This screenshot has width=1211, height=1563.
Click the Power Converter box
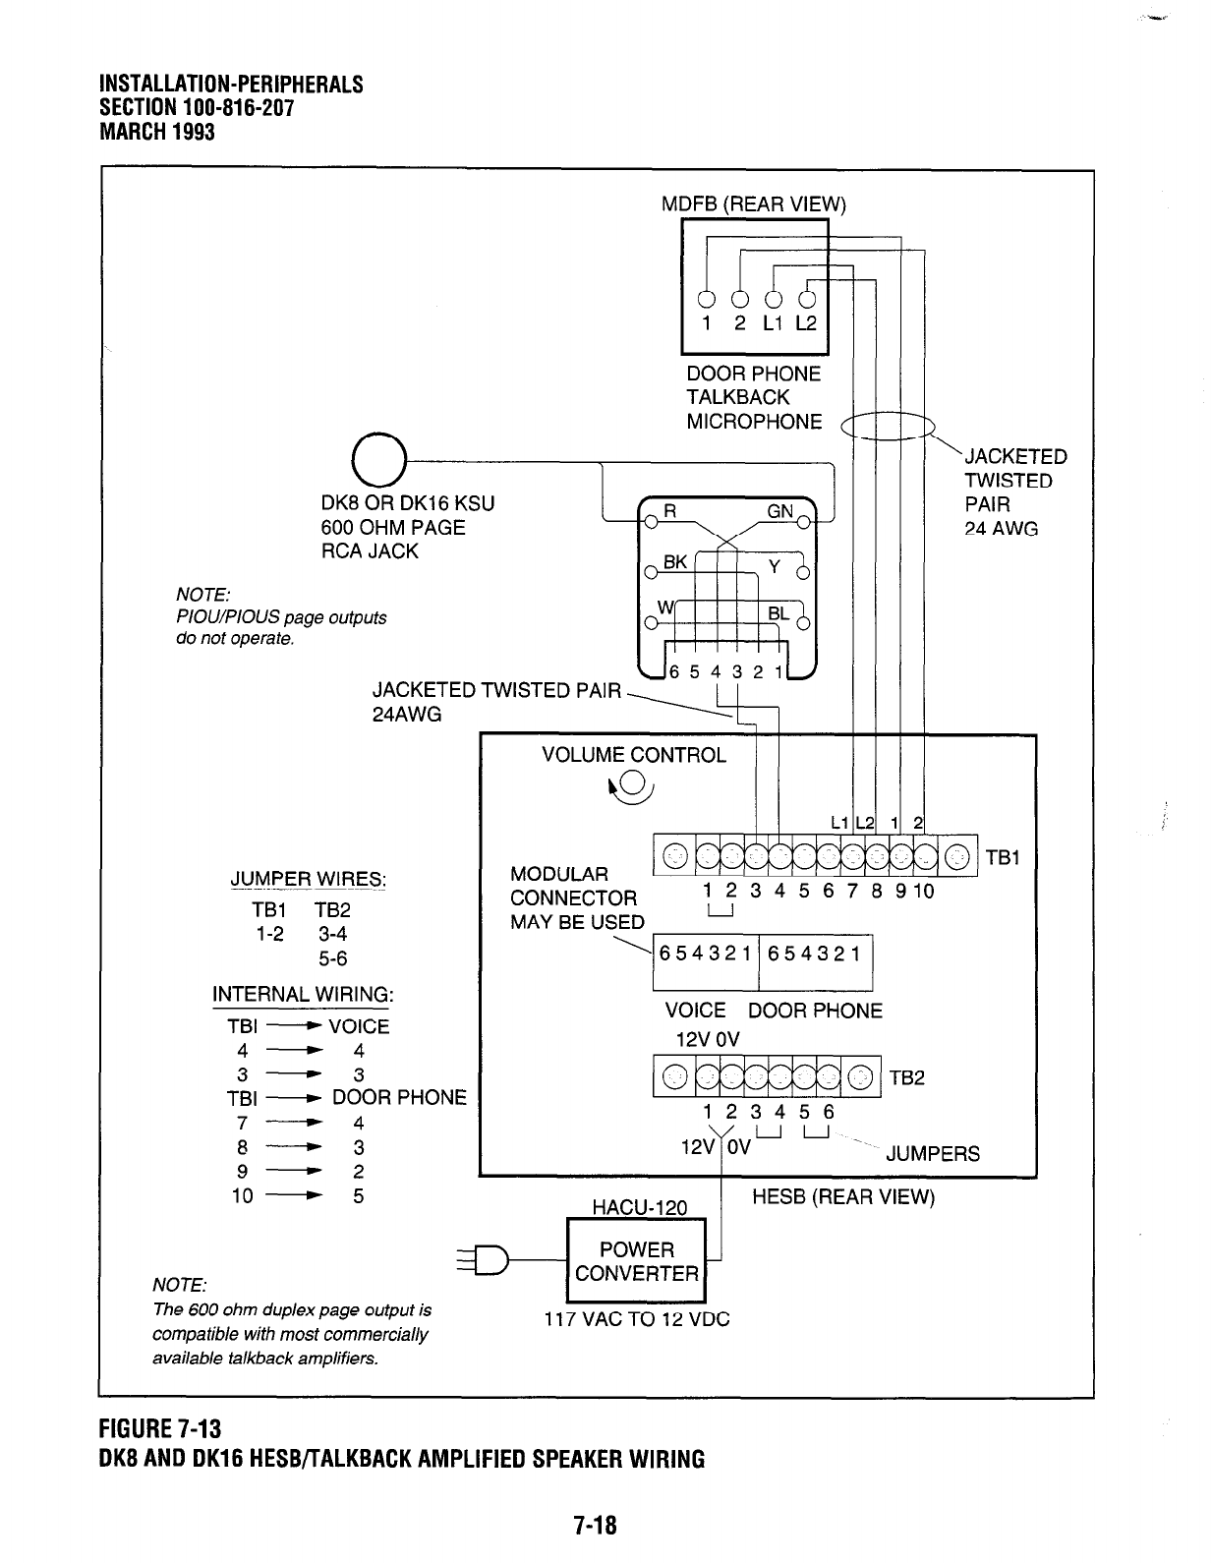point(637,1262)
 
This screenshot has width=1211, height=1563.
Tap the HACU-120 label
point(636,1207)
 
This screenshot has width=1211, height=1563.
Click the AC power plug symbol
point(488,1259)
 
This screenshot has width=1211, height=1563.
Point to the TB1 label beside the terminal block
point(1004,858)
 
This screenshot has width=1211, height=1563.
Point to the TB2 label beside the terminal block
point(907,1078)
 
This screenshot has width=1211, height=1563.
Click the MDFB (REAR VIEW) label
point(753,204)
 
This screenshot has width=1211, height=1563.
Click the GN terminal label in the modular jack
point(780,510)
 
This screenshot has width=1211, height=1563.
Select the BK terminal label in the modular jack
point(675,562)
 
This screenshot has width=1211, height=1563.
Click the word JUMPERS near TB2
point(933,1154)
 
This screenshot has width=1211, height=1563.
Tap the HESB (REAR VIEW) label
point(842,1197)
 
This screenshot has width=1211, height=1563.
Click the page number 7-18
point(595,1526)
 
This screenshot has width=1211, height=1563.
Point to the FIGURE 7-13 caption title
point(164,1426)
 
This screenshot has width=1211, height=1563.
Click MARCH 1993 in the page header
point(157,131)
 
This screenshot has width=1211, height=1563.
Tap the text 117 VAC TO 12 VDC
point(637,1319)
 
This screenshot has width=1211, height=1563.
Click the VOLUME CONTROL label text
point(634,755)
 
